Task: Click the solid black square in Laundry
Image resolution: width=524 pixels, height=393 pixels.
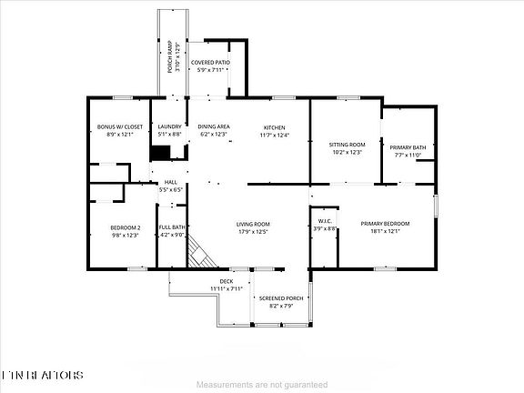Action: (161, 152)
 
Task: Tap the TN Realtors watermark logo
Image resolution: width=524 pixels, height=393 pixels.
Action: (42, 375)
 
